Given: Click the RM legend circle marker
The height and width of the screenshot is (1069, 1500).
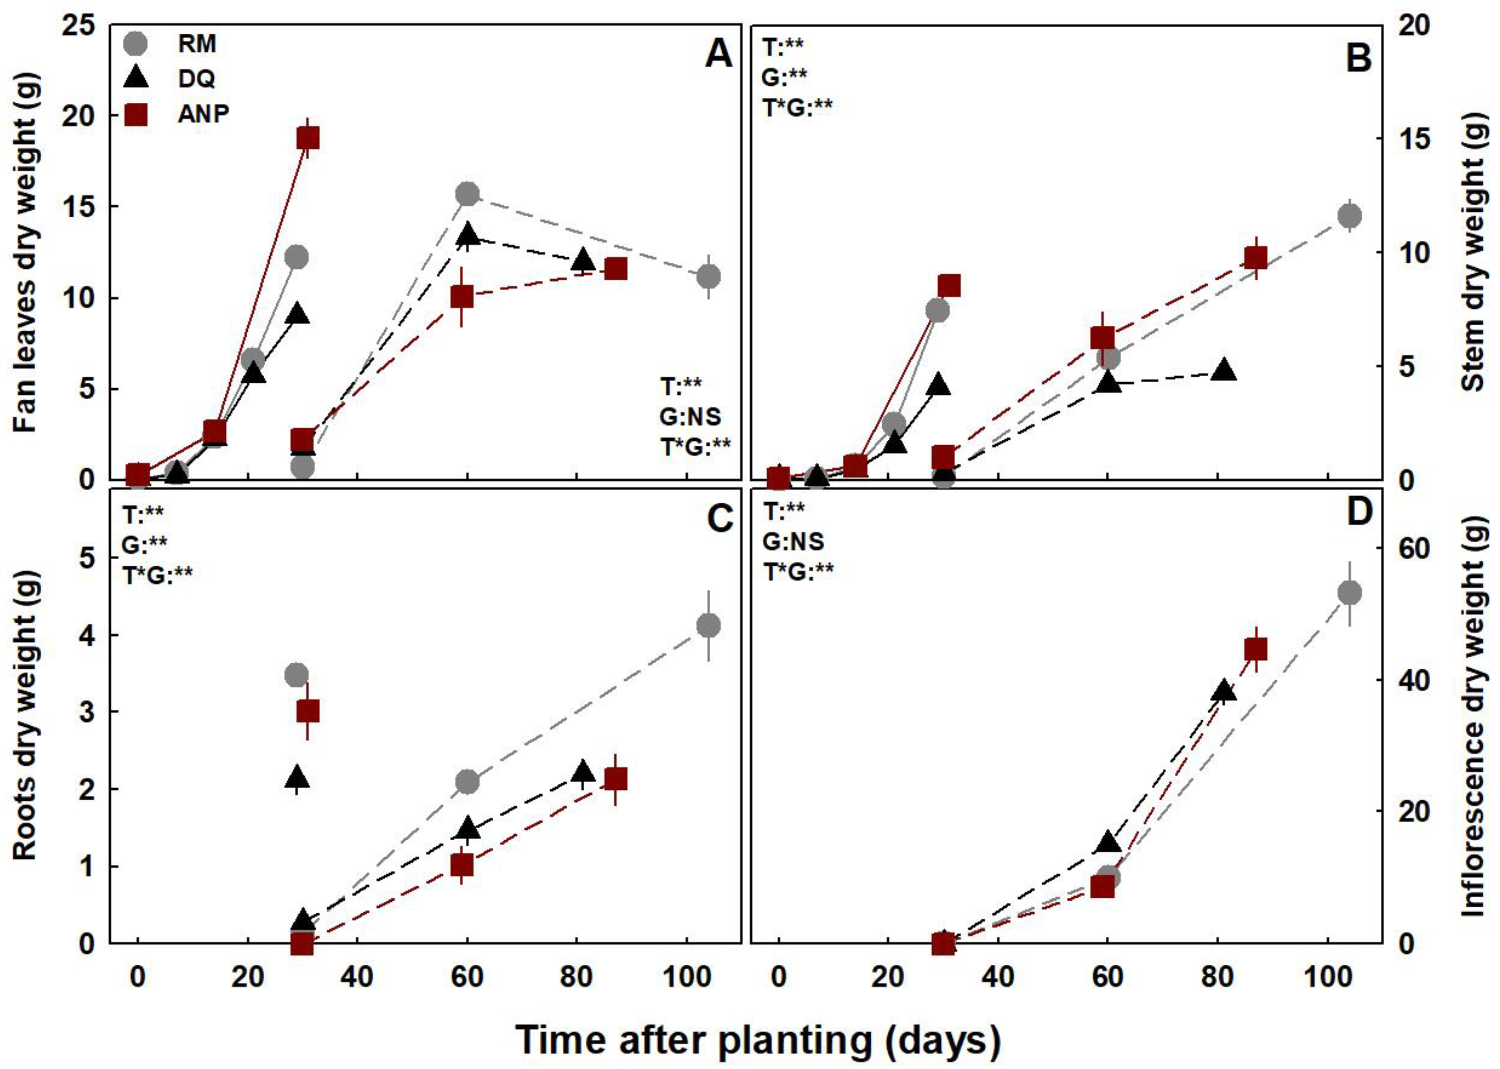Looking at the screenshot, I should pos(136,44).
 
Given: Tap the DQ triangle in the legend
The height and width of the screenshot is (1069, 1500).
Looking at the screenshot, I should pos(136,78).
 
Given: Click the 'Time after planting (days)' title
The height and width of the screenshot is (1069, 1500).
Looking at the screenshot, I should pos(757,1041).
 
